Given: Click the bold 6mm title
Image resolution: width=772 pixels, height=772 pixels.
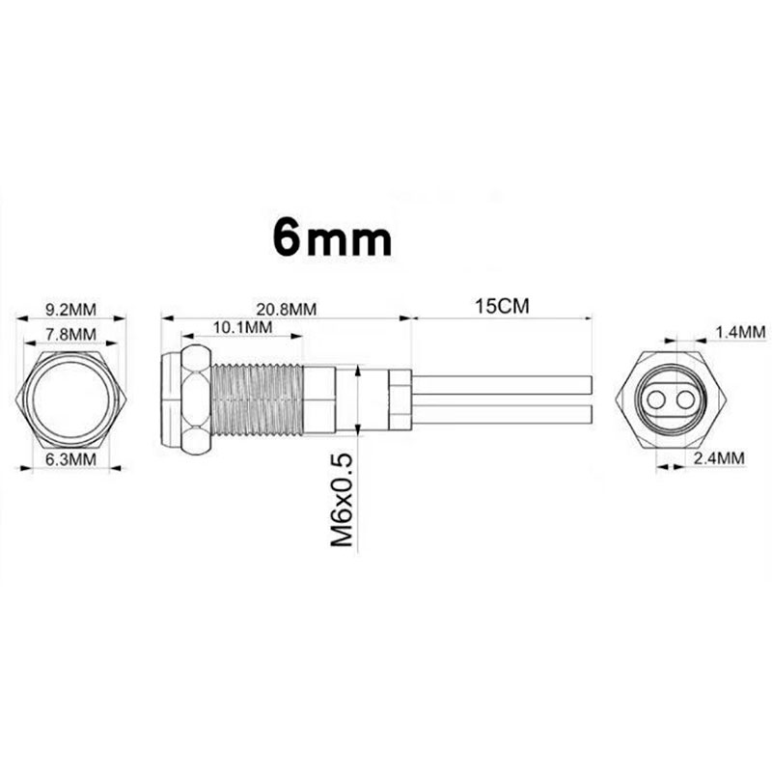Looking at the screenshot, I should pos(332,237).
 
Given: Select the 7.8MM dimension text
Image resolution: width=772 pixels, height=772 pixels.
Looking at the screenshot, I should pos(71,335).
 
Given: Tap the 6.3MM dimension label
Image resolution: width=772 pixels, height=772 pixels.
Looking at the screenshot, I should pos(71,460).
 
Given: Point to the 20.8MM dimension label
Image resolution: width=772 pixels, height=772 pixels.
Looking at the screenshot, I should pos(287,310).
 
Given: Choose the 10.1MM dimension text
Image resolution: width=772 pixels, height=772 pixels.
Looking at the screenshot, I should pos(242,329).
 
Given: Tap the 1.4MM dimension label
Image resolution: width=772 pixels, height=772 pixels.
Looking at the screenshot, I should pos(740,332).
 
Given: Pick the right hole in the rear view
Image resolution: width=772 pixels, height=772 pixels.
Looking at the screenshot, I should pos(687,399).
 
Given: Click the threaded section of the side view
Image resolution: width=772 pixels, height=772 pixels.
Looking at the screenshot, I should pos(256,399).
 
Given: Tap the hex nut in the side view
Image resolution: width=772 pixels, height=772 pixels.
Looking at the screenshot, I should pos(194,399).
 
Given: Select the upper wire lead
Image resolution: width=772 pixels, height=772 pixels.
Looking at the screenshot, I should pos(502,384).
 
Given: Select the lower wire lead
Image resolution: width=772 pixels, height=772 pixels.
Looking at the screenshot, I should pos(502,413).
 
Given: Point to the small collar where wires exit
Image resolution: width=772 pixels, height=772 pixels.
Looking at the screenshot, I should pos(399,399).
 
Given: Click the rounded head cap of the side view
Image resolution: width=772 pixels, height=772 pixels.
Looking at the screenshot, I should pos(169,399).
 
